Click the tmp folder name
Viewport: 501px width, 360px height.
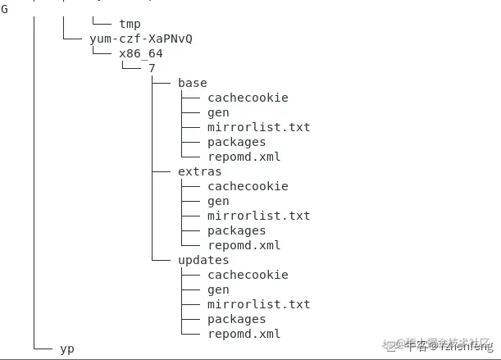(x=130, y=24)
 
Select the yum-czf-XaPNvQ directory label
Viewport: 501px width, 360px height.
(x=141, y=39)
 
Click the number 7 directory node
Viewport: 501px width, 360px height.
(x=152, y=68)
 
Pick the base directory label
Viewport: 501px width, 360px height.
(x=192, y=83)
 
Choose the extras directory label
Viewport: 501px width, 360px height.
(x=199, y=171)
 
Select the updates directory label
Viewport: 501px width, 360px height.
(x=203, y=260)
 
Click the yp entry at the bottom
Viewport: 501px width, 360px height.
(x=67, y=349)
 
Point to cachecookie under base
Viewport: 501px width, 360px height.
(x=248, y=98)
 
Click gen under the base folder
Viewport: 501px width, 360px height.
(x=218, y=112)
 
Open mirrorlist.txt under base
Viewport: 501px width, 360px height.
(x=258, y=127)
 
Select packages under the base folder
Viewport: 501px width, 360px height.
(x=236, y=142)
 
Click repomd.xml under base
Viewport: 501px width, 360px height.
(x=244, y=157)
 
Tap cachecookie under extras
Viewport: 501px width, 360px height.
(x=248, y=186)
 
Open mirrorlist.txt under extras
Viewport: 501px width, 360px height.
(x=258, y=216)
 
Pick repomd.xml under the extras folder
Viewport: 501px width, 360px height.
(x=244, y=245)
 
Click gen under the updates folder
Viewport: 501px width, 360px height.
(x=218, y=289)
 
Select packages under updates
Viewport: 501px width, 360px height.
(x=236, y=319)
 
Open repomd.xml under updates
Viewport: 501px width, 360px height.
(x=244, y=334)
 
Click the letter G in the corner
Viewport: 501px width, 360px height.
(x=4, y=9)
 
